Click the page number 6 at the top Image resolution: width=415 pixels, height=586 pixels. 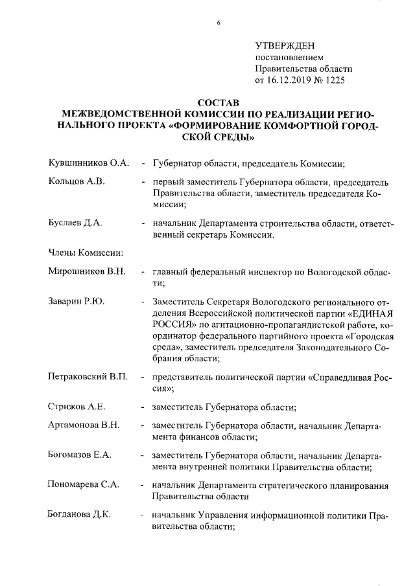(219, 23)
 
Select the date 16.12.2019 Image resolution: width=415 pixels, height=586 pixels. (288, 80)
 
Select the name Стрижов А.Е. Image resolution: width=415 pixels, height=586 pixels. (77, 407)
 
